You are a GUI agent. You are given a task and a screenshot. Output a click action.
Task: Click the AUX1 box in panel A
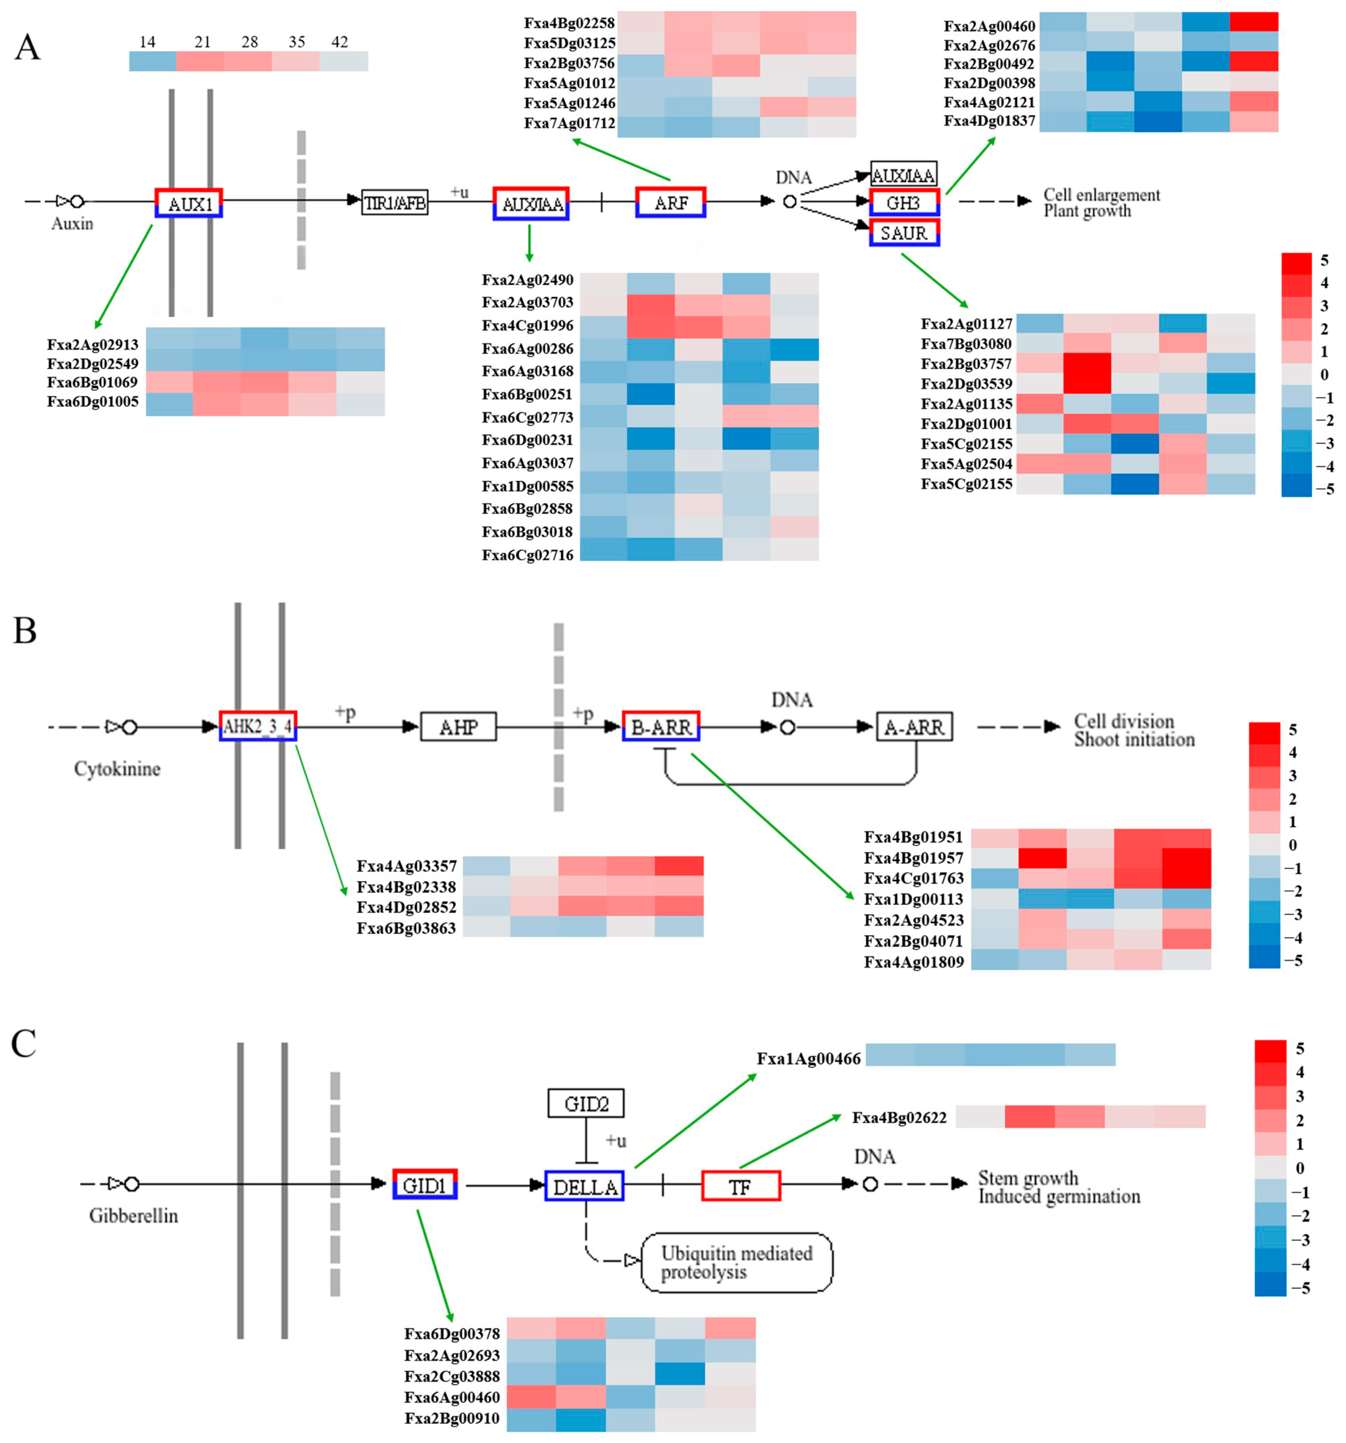coord(189,203)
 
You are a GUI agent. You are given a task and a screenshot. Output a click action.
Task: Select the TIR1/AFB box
coord(394,202)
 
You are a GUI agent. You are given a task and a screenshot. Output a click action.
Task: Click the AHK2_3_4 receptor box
coord(258,726)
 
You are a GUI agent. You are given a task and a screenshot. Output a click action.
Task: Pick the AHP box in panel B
coord(458,727)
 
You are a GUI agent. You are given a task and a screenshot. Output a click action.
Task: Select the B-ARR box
coord(661,726)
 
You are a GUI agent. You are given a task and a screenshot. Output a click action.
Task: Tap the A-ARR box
coord(914,727)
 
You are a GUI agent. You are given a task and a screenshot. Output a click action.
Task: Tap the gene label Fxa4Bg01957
coord(913,858)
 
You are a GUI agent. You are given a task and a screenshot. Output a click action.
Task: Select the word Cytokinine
coord(117,769)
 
